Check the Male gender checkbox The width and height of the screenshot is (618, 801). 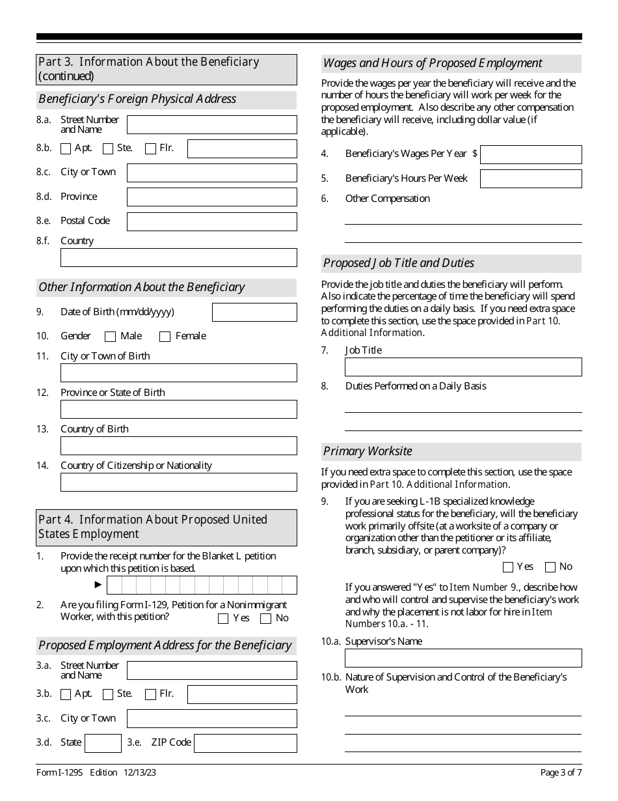coord(110,337)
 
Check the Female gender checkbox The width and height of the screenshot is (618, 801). coord(165,337)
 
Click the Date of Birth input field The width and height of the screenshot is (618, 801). coord(254,312)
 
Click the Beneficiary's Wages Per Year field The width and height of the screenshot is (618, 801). coord(531,154)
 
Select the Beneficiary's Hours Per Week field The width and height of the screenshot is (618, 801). coord(531,178)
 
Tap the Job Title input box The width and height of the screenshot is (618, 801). coord(463,367)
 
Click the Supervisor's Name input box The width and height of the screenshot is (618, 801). coord(463,658)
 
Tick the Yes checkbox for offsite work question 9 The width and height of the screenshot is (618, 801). coord(508,567)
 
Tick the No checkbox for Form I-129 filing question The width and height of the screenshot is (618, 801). coord(265,619)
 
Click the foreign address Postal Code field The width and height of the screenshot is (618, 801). coord(211,221)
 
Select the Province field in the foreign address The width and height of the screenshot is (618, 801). coord(211,197)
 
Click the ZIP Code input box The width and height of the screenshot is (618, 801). coord(245,743)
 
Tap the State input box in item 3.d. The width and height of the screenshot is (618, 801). coord(103,743)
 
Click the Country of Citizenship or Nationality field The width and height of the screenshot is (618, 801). coord(178,482)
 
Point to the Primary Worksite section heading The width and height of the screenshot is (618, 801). coord(368,451)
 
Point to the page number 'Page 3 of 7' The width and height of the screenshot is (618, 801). coord(561,773)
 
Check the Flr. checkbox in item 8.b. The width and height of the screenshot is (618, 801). coord(150,148)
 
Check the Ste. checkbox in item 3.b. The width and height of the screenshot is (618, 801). coord(108,694)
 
